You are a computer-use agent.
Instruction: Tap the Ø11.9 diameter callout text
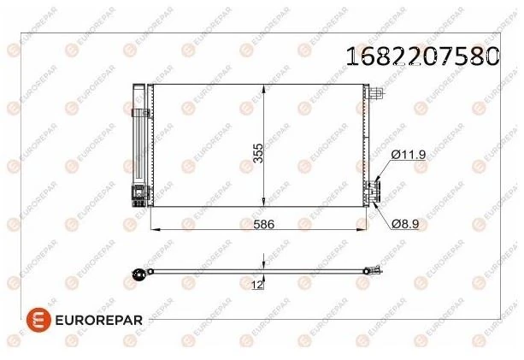click(x=408, y=155)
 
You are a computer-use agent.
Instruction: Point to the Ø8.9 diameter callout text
click(x=408, y=223)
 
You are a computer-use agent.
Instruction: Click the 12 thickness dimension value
click(x=256, y=286)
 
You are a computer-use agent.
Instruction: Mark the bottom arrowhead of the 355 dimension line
click(x=266, y=205)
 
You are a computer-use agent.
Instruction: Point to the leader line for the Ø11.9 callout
click(x=383, y=168)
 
